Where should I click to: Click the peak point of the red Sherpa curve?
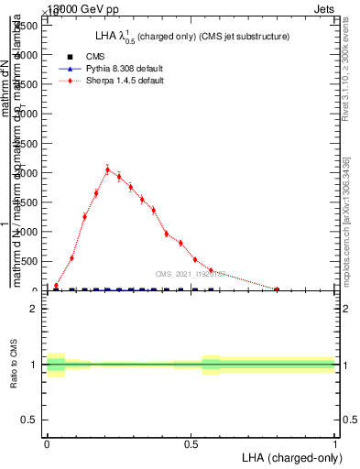pyautogui.click(x=107, y=169)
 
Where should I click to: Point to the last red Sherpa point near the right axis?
pyautogui.click(x=277, y=289)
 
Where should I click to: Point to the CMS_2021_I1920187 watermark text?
pyautogui.click(x=192, y=274)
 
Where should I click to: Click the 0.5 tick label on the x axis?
pyautogui.click(x=191, y=442)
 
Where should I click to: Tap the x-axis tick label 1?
pyautogui.click(x=334, y=442)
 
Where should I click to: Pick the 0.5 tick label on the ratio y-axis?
pyautogui.click(x=29, y=420)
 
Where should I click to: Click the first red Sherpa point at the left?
pyautogui.click(x=56, y=286)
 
